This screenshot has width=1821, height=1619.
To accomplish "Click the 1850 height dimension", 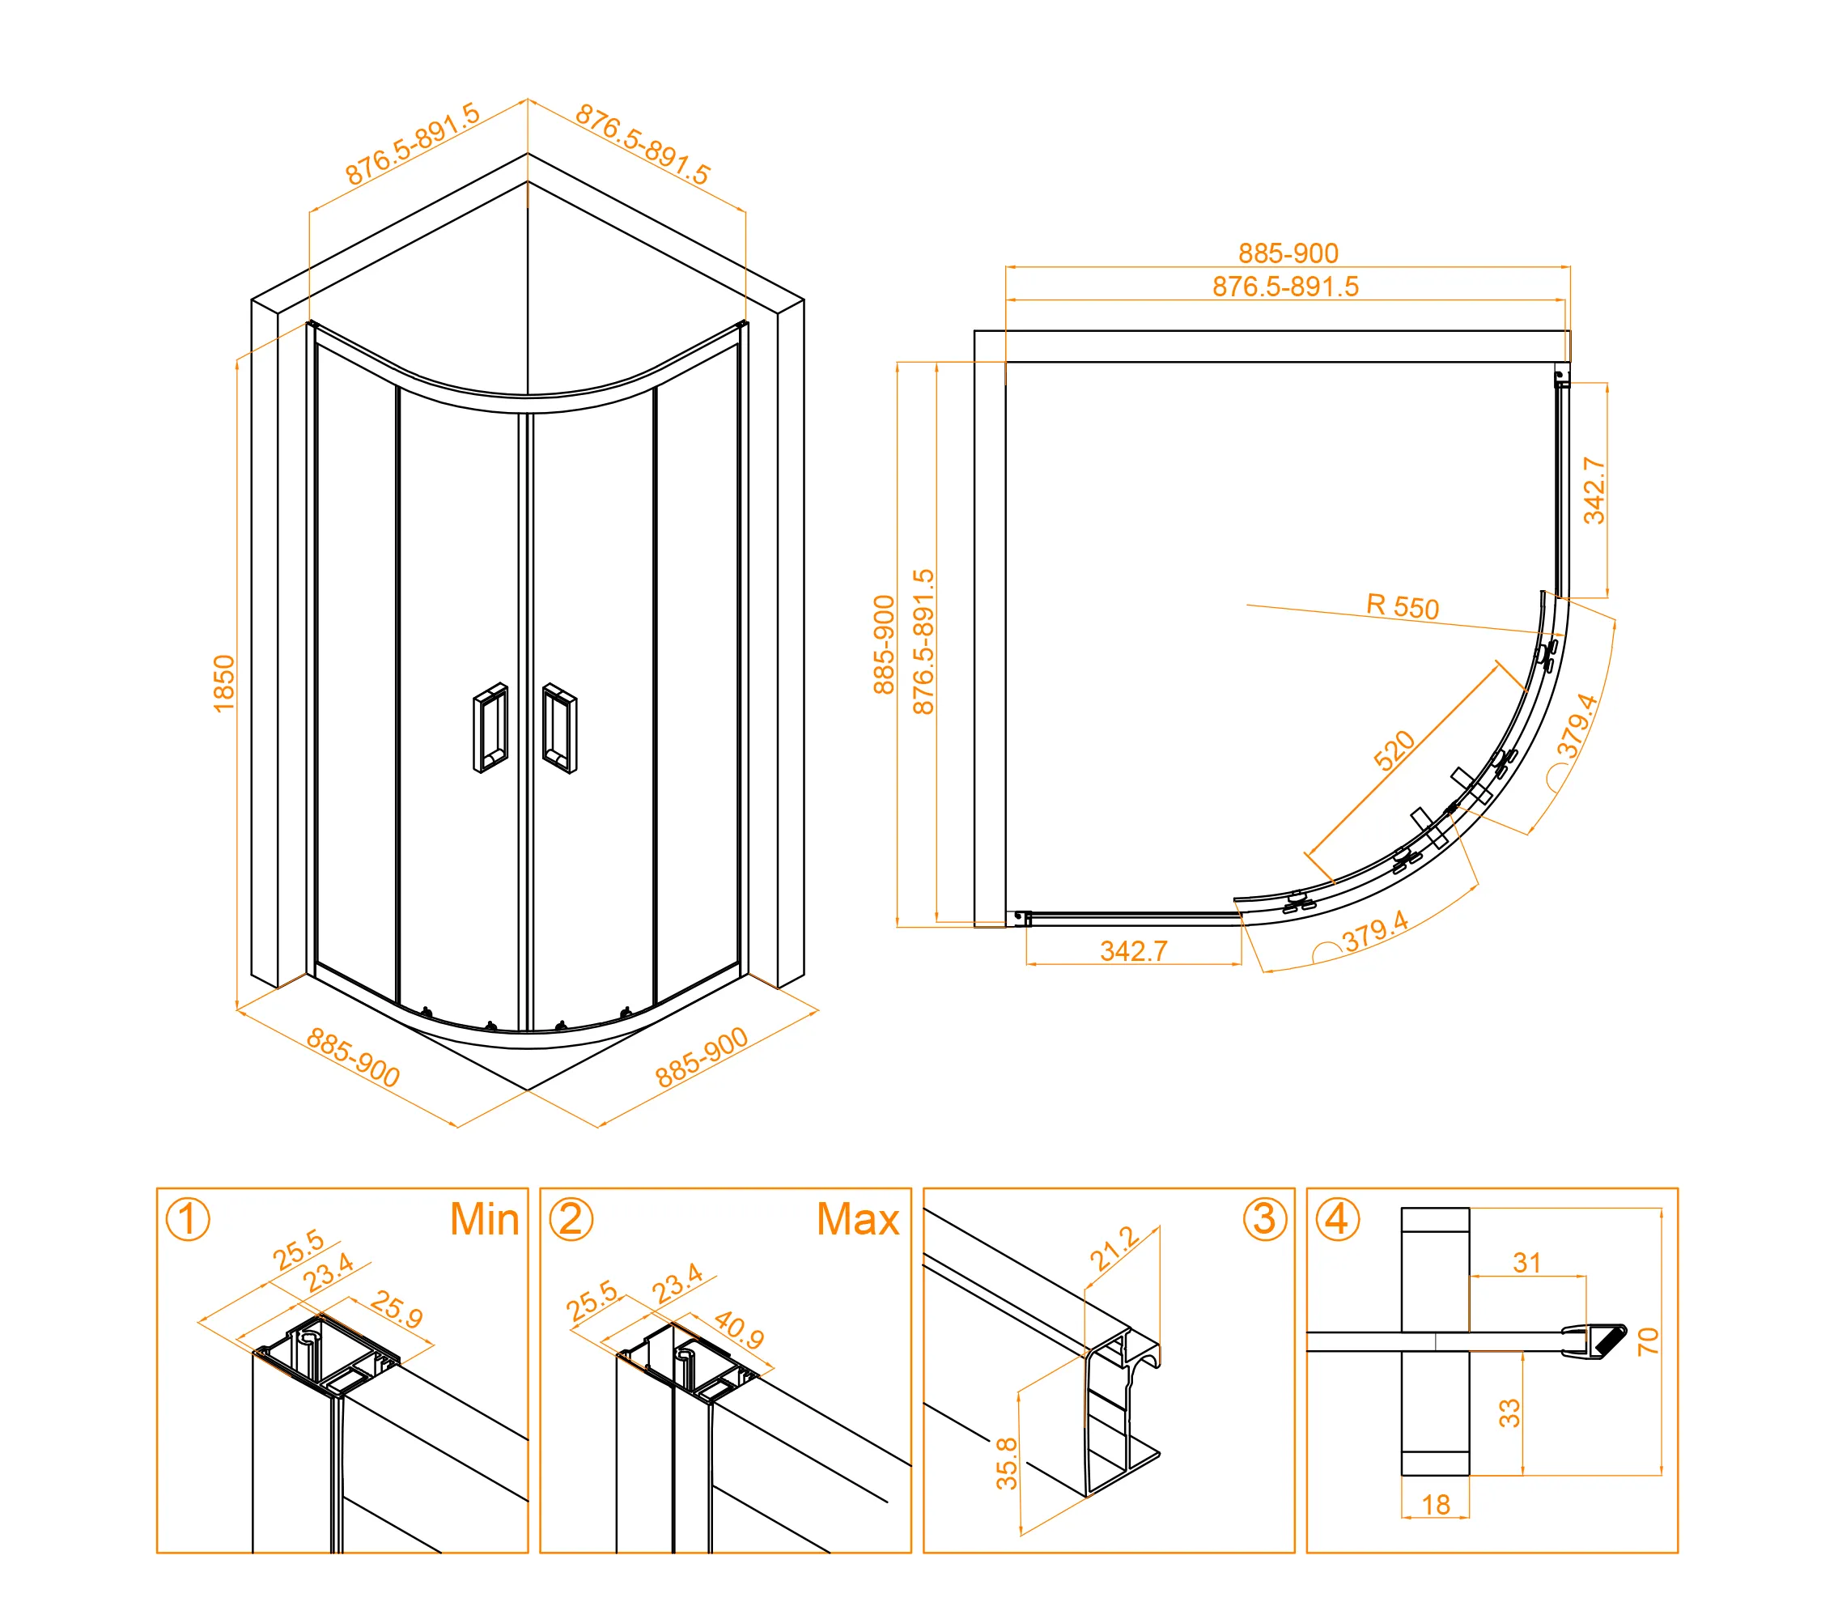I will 223,683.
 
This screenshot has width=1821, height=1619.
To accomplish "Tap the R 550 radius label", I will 1403,607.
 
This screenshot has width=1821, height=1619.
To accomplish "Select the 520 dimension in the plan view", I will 1394,750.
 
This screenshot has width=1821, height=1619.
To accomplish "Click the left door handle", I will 490,728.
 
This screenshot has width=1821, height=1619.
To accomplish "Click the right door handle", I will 559,728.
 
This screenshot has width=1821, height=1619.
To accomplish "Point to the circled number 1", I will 188,1219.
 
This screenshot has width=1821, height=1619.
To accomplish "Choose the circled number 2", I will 571,1219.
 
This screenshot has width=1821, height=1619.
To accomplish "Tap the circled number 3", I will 1264,1219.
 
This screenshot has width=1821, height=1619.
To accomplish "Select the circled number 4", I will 1337,1219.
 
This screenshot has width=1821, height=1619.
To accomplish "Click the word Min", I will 484,1219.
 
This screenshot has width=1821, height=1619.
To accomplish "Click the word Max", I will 857,1219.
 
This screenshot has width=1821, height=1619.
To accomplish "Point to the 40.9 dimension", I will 739,1329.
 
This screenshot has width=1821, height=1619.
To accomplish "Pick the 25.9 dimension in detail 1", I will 397,1309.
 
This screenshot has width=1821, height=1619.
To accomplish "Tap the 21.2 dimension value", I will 1114,1248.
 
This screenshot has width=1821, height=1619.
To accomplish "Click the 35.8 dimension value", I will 1007,1463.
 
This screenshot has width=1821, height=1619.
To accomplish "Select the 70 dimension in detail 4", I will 1647,1341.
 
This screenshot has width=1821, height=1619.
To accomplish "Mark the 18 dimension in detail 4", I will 1435,1505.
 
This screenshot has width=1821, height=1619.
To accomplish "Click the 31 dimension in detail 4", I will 1526,1263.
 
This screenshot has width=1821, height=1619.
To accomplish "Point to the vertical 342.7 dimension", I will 1594,490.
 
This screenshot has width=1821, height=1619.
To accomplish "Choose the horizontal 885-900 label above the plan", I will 1288,253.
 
